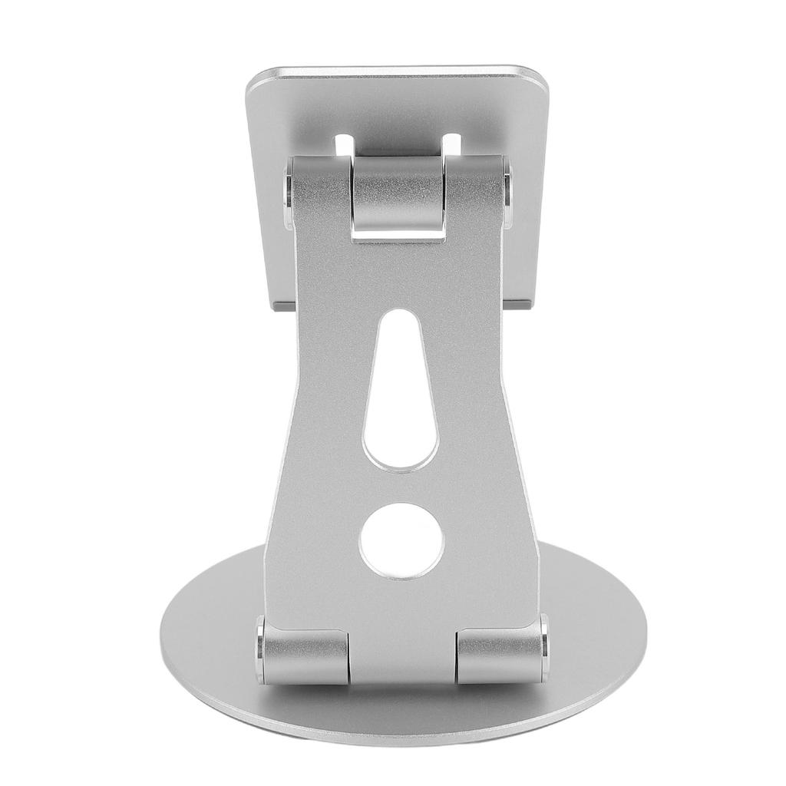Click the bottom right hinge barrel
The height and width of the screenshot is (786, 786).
[500, 656]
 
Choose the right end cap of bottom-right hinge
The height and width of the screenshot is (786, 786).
[545, 647]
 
